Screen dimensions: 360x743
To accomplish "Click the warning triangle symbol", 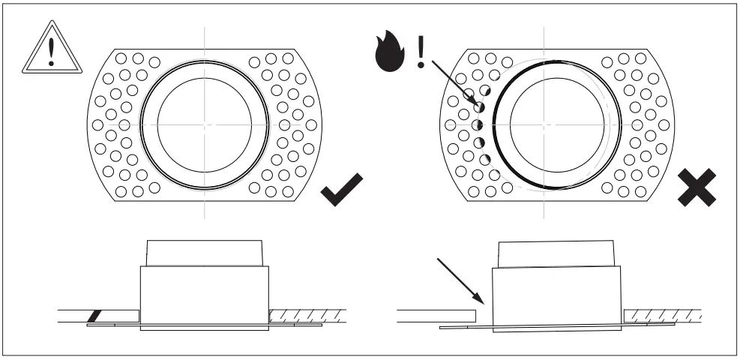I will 50,50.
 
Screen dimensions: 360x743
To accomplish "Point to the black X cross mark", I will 697,187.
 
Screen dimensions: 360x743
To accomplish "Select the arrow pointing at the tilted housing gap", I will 462,280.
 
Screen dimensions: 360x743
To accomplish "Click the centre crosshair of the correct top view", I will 205,124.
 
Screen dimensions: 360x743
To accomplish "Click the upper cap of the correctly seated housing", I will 205,253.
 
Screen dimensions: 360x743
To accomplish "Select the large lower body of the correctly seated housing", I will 205,296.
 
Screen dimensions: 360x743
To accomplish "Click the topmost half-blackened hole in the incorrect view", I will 481,107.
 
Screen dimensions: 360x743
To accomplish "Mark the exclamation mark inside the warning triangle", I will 50,52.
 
